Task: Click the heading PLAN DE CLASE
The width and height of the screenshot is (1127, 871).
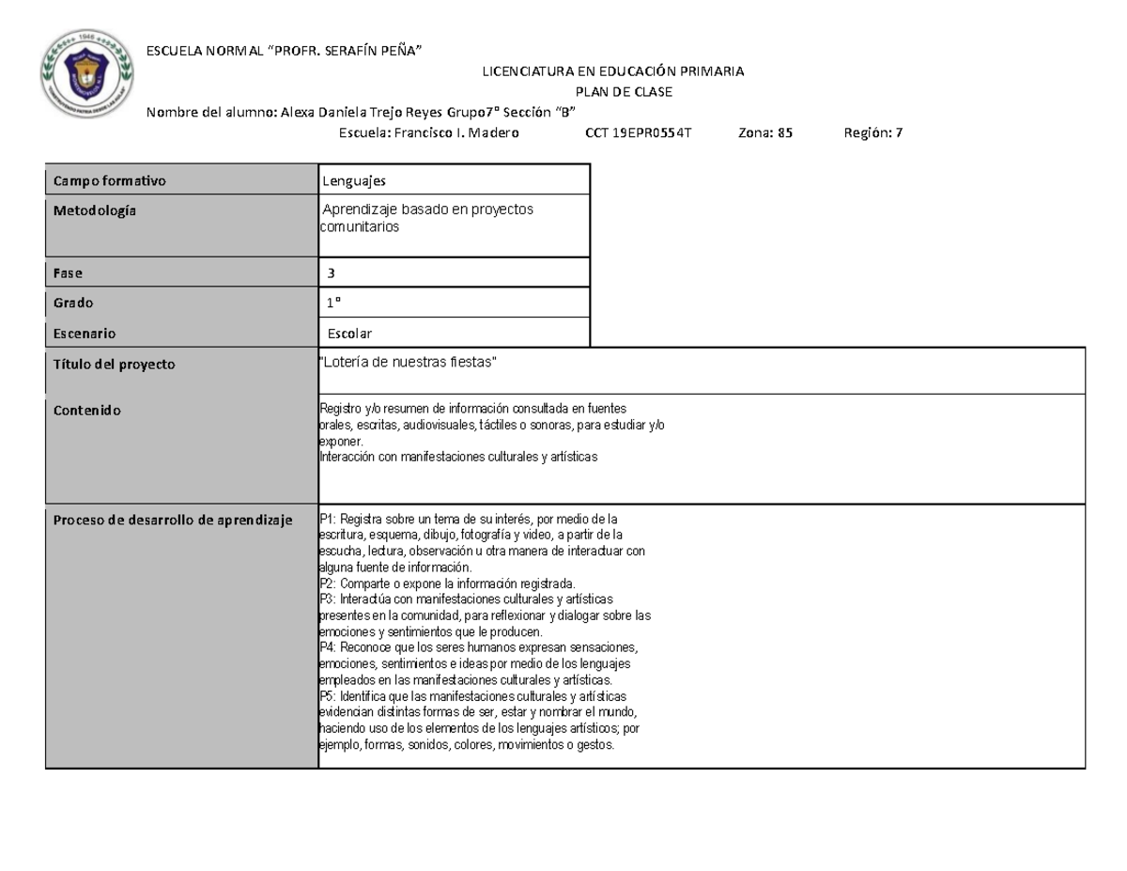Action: point(624,91)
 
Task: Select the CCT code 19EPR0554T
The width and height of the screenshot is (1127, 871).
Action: point(638,133)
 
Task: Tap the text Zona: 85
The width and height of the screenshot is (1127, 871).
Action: point(766,133)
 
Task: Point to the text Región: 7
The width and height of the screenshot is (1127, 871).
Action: point(873,133)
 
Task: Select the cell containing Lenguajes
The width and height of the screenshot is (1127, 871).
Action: point(354,179)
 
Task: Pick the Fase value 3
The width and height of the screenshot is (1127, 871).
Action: point(332,273)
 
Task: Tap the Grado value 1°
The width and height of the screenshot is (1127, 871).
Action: point(334,303)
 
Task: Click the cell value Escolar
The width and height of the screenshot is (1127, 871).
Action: point(349,334)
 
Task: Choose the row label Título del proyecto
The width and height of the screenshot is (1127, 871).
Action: point(114,365)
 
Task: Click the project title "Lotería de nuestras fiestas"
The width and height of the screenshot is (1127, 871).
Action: point(408,363)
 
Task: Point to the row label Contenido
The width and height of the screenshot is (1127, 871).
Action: point(86,411)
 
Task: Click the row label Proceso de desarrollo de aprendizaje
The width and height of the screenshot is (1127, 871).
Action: point(173,521)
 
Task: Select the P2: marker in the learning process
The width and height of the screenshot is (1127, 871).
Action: point(329,583)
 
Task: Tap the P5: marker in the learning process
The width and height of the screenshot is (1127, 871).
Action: point(329,696)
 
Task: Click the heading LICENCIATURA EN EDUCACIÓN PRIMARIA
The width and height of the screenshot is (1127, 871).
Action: point(612,71)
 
